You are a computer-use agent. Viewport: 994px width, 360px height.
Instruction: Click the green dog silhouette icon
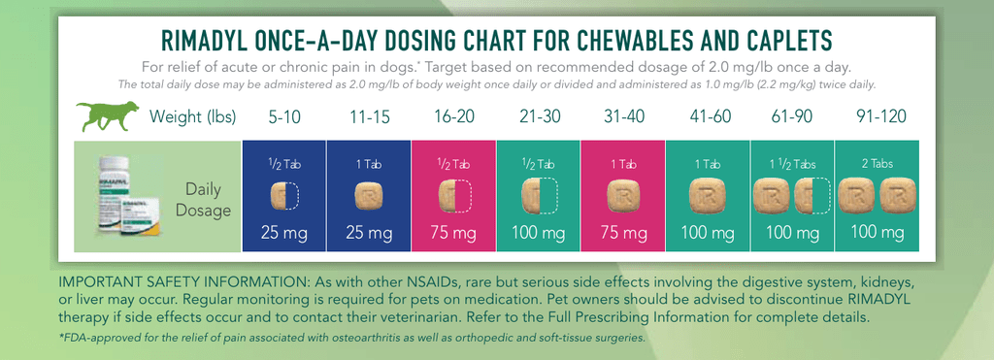tap(107, 115)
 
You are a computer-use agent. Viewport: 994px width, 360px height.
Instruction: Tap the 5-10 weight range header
tap(284, 116)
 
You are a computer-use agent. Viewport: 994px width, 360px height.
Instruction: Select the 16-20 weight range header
tap(453, 116)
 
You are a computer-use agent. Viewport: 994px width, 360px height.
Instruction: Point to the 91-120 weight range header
tap(877, 116)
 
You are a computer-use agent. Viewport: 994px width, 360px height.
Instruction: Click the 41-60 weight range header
tap(708, 116)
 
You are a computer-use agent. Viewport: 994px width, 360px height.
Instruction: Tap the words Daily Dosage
tap(204, 200)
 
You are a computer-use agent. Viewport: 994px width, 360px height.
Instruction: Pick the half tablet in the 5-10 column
tap(278, 196)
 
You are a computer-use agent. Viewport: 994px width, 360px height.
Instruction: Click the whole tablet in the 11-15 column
tap(368, 197)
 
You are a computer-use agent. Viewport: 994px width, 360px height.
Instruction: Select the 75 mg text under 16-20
tap(453, 233)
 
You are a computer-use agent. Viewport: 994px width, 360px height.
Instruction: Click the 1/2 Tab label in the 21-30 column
tap(538, 165)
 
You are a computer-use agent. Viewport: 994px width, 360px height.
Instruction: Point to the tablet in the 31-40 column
tap(623, 196)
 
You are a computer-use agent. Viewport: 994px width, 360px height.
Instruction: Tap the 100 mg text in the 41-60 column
tap(708, 233)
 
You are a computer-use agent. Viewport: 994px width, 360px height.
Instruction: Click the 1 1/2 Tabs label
tap(792, 165)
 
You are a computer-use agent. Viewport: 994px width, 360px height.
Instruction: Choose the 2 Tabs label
tap(877, 164)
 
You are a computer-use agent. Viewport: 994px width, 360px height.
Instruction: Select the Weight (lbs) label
tap(193, 116)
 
